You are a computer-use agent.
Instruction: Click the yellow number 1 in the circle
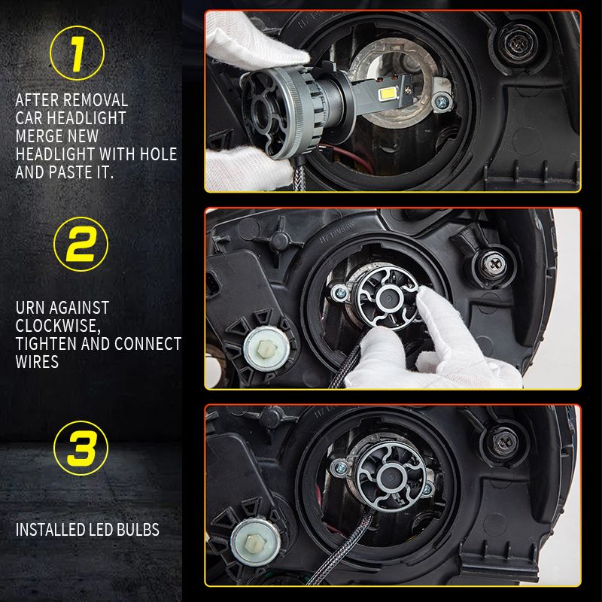[78, 53]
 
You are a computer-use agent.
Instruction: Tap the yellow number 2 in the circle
[81, 244]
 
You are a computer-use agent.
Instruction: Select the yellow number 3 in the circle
[81, 448]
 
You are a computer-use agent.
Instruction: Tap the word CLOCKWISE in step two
[58, 326]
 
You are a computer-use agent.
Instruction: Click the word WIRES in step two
[37, 362]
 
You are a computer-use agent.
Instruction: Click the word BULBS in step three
[138, 530]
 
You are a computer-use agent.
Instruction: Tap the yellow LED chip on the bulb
[386, 93]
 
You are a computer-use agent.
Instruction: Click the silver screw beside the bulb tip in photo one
[441, 102]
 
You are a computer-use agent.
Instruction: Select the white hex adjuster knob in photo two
[266, 349]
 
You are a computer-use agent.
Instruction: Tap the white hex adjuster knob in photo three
[255, 542]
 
